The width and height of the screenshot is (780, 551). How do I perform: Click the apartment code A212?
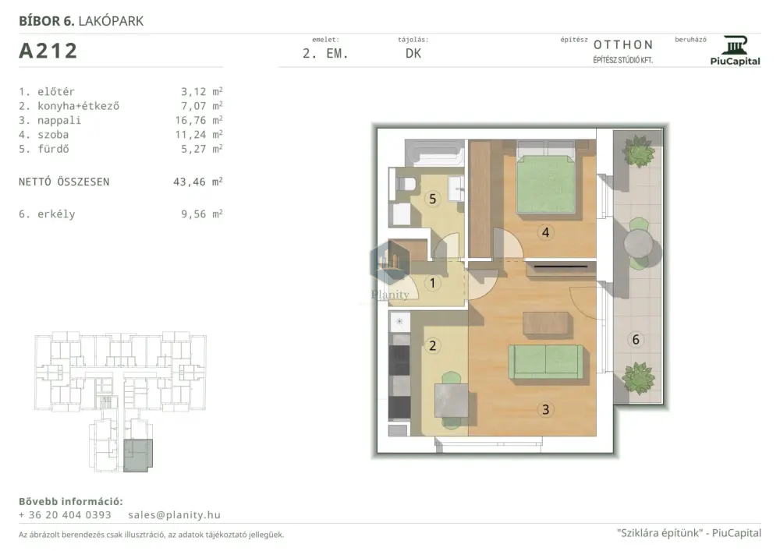tap(48, 51)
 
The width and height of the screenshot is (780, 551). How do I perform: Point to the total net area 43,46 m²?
tap(197, 182)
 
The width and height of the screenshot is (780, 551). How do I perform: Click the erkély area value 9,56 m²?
tap(201, 214)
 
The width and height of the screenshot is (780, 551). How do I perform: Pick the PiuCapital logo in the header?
tap(736, 51)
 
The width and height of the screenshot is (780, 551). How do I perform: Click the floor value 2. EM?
tap(325, 54)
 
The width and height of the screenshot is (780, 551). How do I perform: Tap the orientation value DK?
tap(413, 54)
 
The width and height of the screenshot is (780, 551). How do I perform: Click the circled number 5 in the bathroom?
tap(432, 199)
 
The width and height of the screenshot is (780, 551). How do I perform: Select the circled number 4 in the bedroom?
tap(545, 232)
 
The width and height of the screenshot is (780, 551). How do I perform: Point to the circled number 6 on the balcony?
tap(635, 339)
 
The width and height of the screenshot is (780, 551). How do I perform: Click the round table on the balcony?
tap(639, 244)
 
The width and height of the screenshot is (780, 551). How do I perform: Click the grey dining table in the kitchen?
tap(452, 401)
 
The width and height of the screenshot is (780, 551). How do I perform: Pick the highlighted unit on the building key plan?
tap(137, 455)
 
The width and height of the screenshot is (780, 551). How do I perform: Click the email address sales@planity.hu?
tap(174, 514)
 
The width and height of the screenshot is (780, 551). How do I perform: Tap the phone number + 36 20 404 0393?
tap(65, 514)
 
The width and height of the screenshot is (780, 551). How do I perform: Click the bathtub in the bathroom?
tap(434, 153)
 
